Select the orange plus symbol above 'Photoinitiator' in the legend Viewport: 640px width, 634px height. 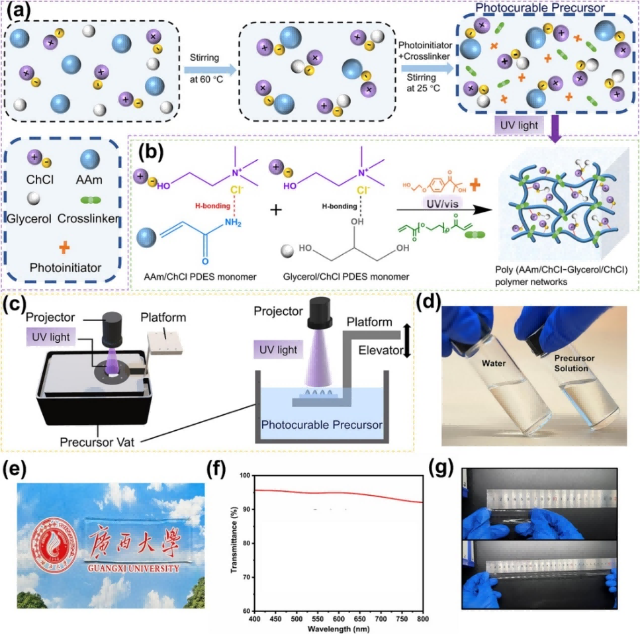click(x=65, y=248)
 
